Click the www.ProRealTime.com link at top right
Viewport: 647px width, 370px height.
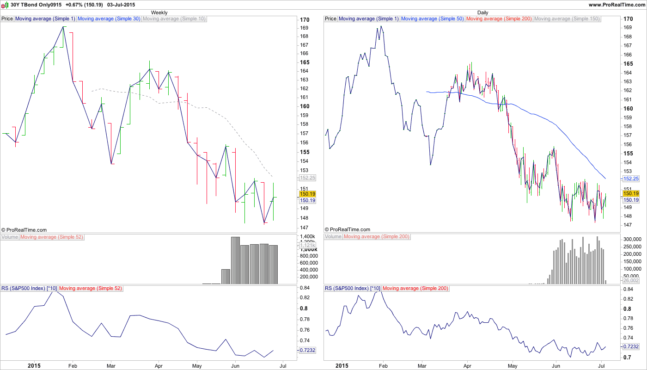click(616, 5)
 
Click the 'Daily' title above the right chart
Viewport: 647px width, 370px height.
click(482, 12)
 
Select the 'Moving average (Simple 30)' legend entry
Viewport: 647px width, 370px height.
click(109, 19)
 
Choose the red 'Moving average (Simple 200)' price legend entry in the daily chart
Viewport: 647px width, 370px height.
click(499, 19)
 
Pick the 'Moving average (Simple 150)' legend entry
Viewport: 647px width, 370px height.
click(567, 19)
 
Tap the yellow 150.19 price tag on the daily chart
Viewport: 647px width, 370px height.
click(631, 193)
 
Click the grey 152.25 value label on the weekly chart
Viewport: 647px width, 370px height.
click(307, 178)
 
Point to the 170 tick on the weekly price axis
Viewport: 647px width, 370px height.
click(305, 20)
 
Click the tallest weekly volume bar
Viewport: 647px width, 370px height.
click(235, 260)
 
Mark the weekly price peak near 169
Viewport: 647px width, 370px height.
click(63, 27)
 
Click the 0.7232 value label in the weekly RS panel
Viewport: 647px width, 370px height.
click(307, 351)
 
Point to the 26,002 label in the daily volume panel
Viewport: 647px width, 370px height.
click(631, 280)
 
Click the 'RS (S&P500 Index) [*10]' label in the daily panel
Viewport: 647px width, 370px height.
click(353, 289)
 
